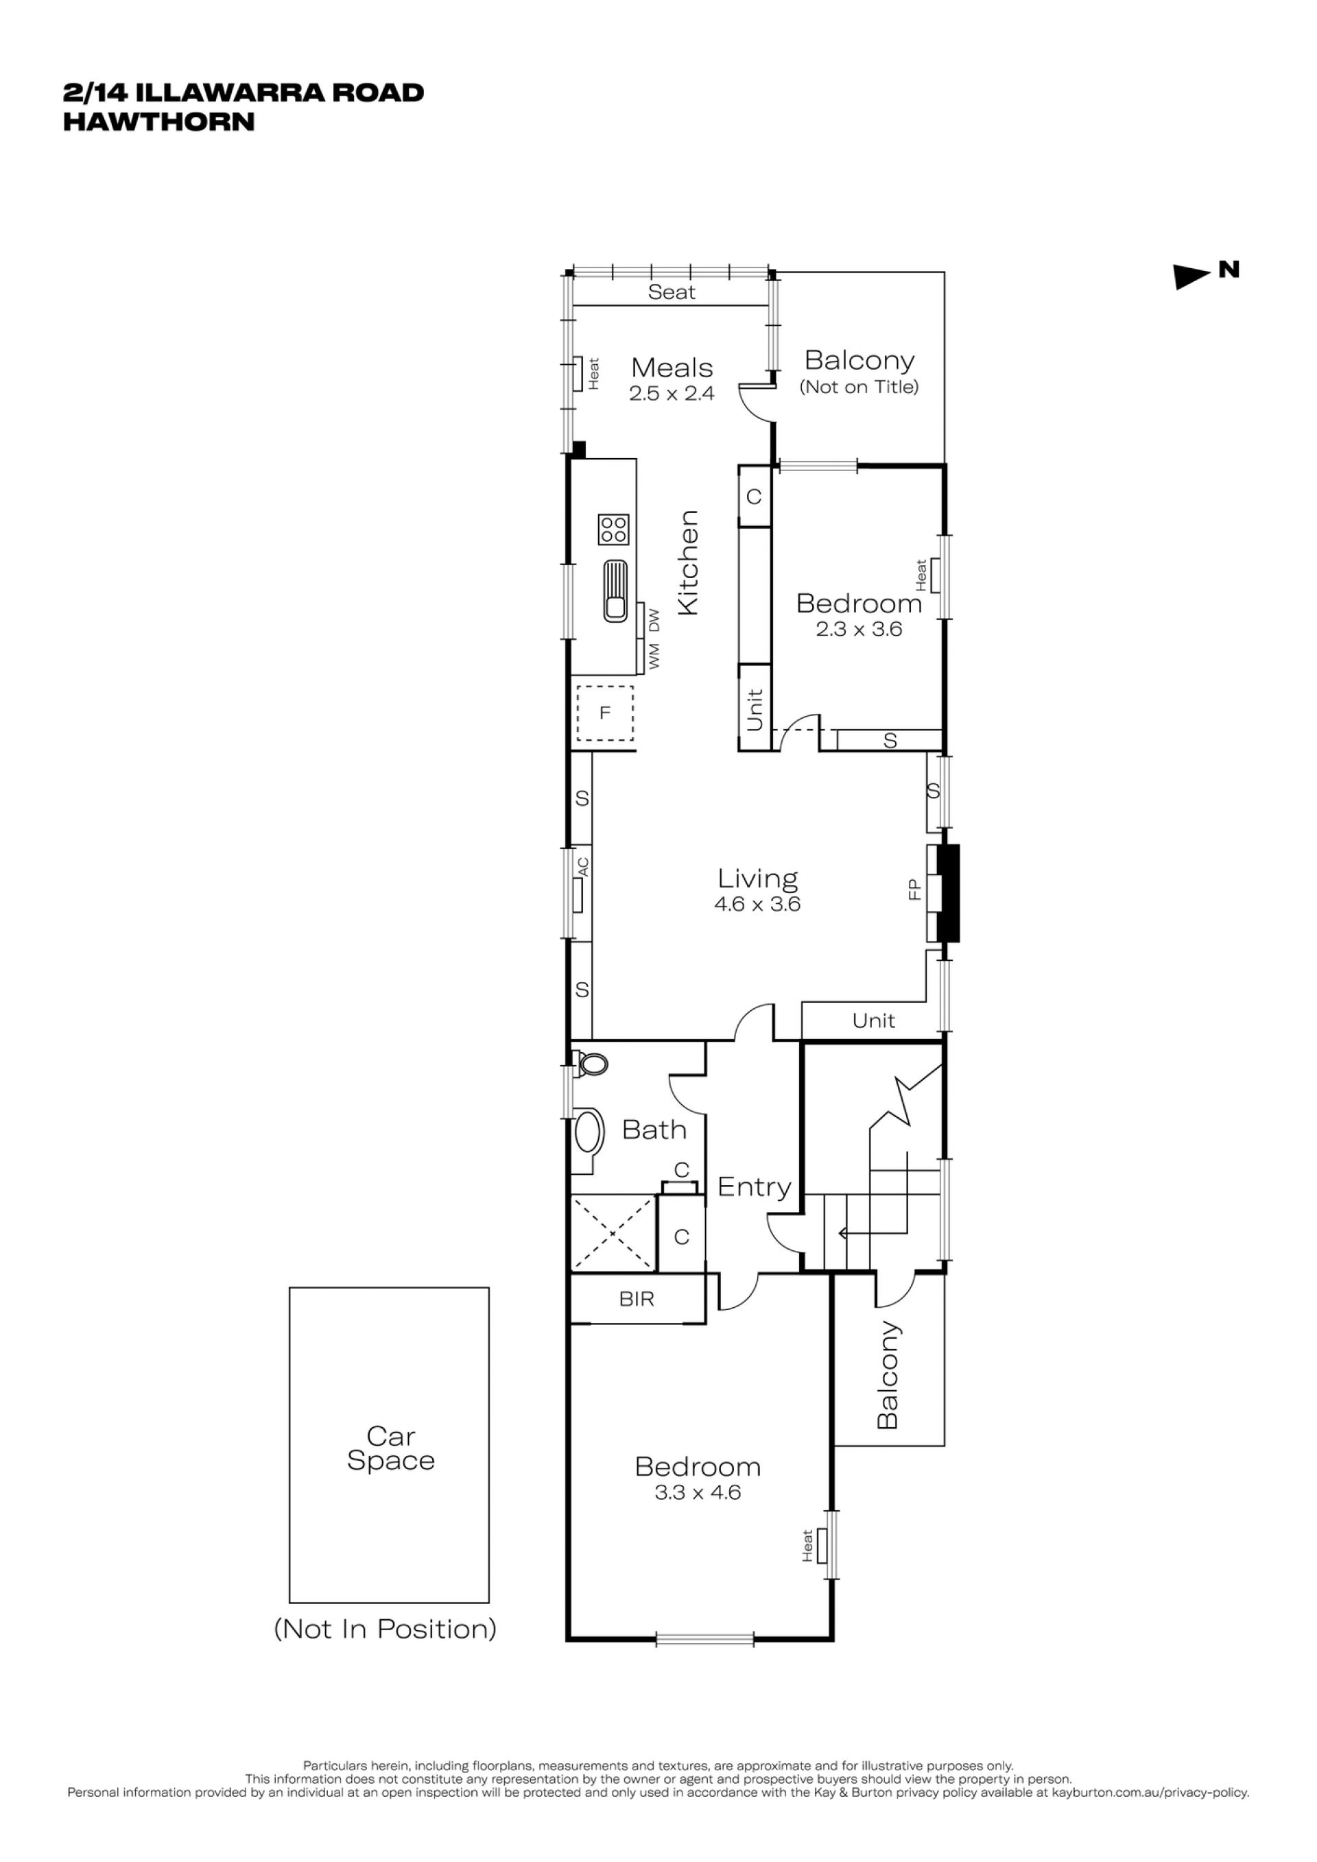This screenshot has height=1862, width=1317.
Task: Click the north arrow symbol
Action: pyautogui.click(x=1192, y=276)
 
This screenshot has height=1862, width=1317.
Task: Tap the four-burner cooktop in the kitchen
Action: pyautogui.click(x=614, y=529)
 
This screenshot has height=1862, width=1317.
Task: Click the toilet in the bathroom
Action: pyautogui.click(x=591, y=1063)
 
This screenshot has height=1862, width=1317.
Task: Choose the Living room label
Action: pyautogui.click(x=757, y=879)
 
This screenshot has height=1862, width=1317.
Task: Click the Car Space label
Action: pyautogui.click(x=391, y=1448)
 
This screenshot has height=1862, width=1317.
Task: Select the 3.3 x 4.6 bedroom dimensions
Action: pyautogui.click(x=698, y=1492)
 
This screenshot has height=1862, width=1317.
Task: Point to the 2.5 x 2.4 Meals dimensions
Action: pyautogui.click(x=672, y=394)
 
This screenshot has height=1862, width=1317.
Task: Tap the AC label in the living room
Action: pyautogui.click(x=582, y=867)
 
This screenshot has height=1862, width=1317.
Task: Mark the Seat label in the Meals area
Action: pyautogui.click(x=672, y=292)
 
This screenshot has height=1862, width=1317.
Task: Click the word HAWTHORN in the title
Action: pyautogui.click(x=159, y=121)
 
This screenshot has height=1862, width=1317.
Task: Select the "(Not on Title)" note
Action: pyautogui.click(x=859, y=387)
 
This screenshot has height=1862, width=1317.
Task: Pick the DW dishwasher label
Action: pyautogui.click(x=654, y=621)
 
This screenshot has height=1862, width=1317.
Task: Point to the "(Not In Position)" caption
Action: pyautogui.click(x=385, y=1630)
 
